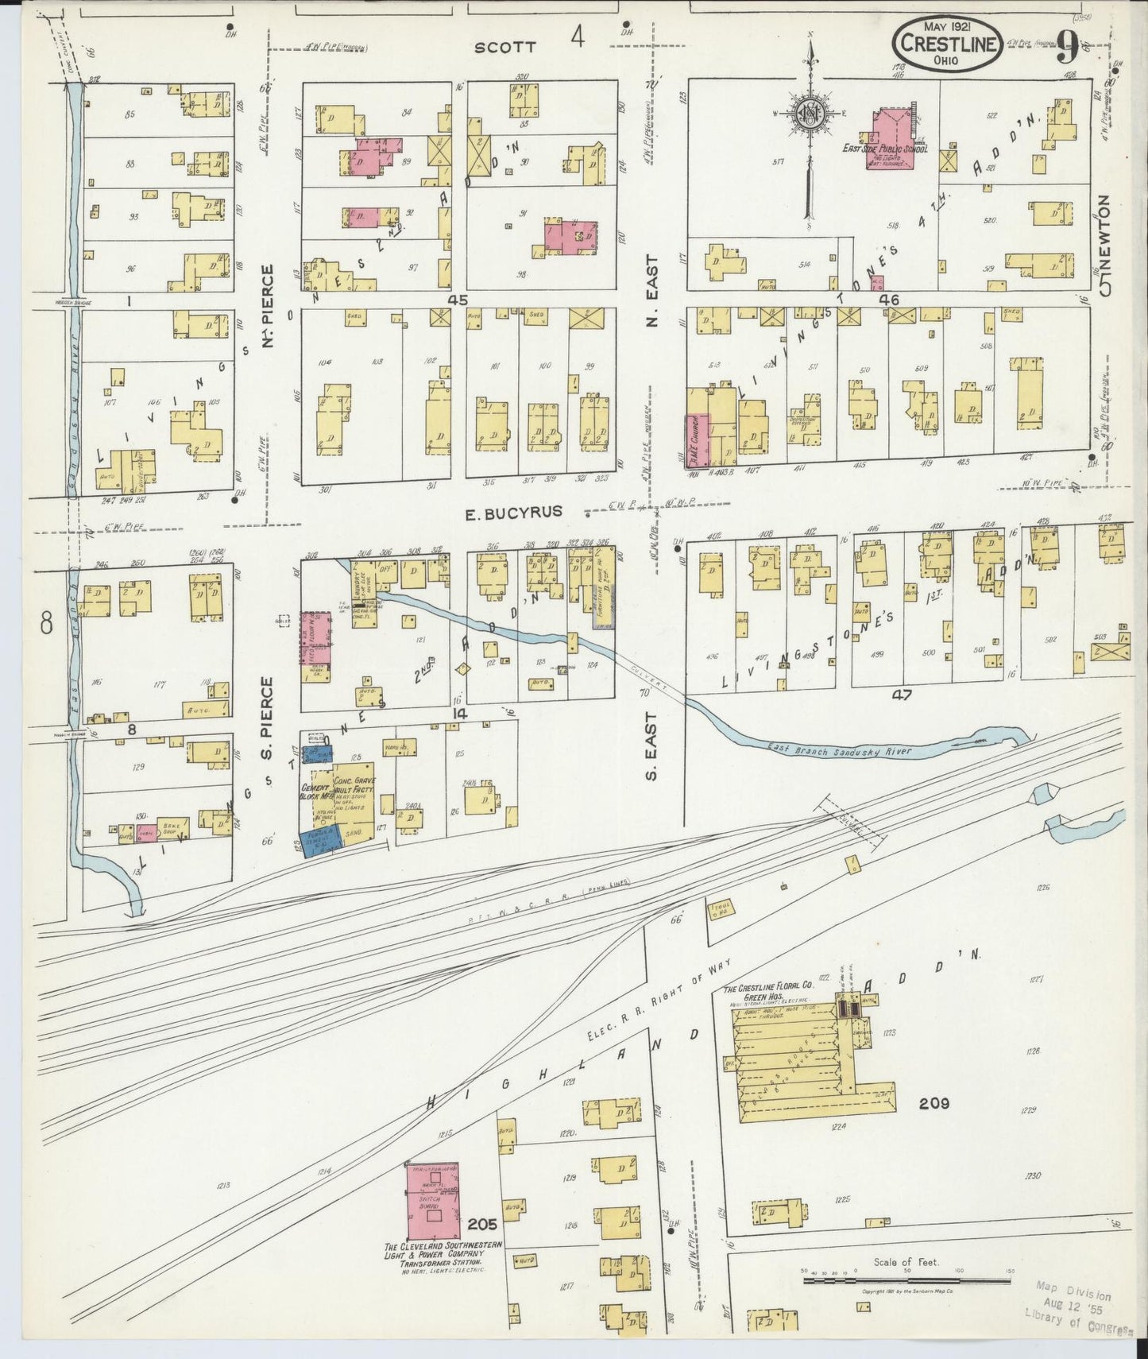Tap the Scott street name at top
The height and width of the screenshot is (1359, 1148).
click(504, 48)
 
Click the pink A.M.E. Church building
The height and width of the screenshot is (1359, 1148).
click(698, 439)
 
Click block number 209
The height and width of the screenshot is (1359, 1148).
click(934, 1103)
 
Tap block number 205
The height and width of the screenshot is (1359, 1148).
click(482, 1223)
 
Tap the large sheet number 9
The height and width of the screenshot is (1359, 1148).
click(1067, 49)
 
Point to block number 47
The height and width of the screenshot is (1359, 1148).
click(902, 695)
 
